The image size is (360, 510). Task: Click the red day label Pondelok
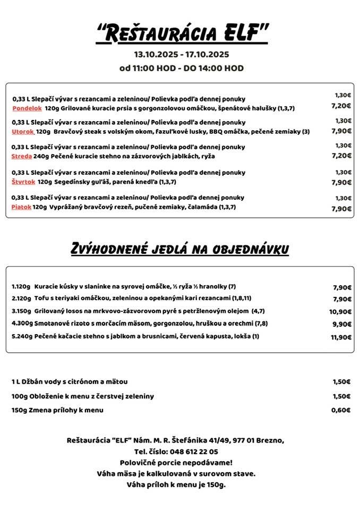pos(27,108)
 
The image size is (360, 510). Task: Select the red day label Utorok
pos(23,131)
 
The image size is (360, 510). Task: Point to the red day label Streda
pos(21,156)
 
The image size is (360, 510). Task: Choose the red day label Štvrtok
pos(23,182)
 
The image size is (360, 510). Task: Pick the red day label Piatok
pos(21,207)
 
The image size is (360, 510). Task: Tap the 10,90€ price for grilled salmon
pos(340,312)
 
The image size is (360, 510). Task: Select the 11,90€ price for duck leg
pos(341,337)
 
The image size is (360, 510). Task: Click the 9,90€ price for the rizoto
pos(342,324)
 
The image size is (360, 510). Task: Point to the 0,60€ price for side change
pos(341,410)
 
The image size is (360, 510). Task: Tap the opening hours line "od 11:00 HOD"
pos(150,68)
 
